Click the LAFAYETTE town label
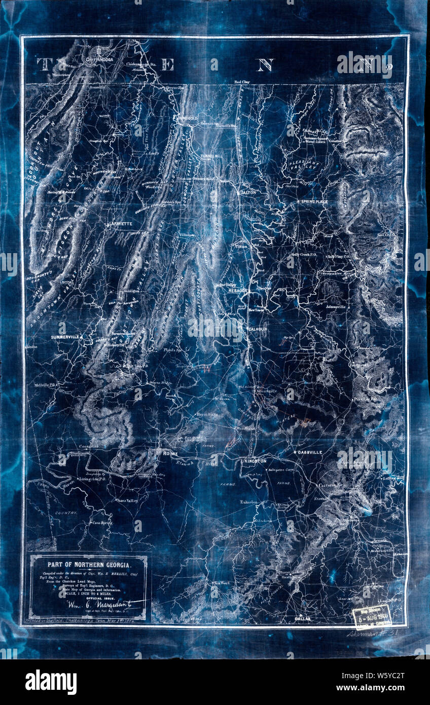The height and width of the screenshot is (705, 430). (x=120, y=223)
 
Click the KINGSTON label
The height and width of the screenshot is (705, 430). (x=255, y=461)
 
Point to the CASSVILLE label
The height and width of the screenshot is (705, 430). (x=308, y=452)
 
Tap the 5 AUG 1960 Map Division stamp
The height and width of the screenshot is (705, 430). (x=372, y=617)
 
